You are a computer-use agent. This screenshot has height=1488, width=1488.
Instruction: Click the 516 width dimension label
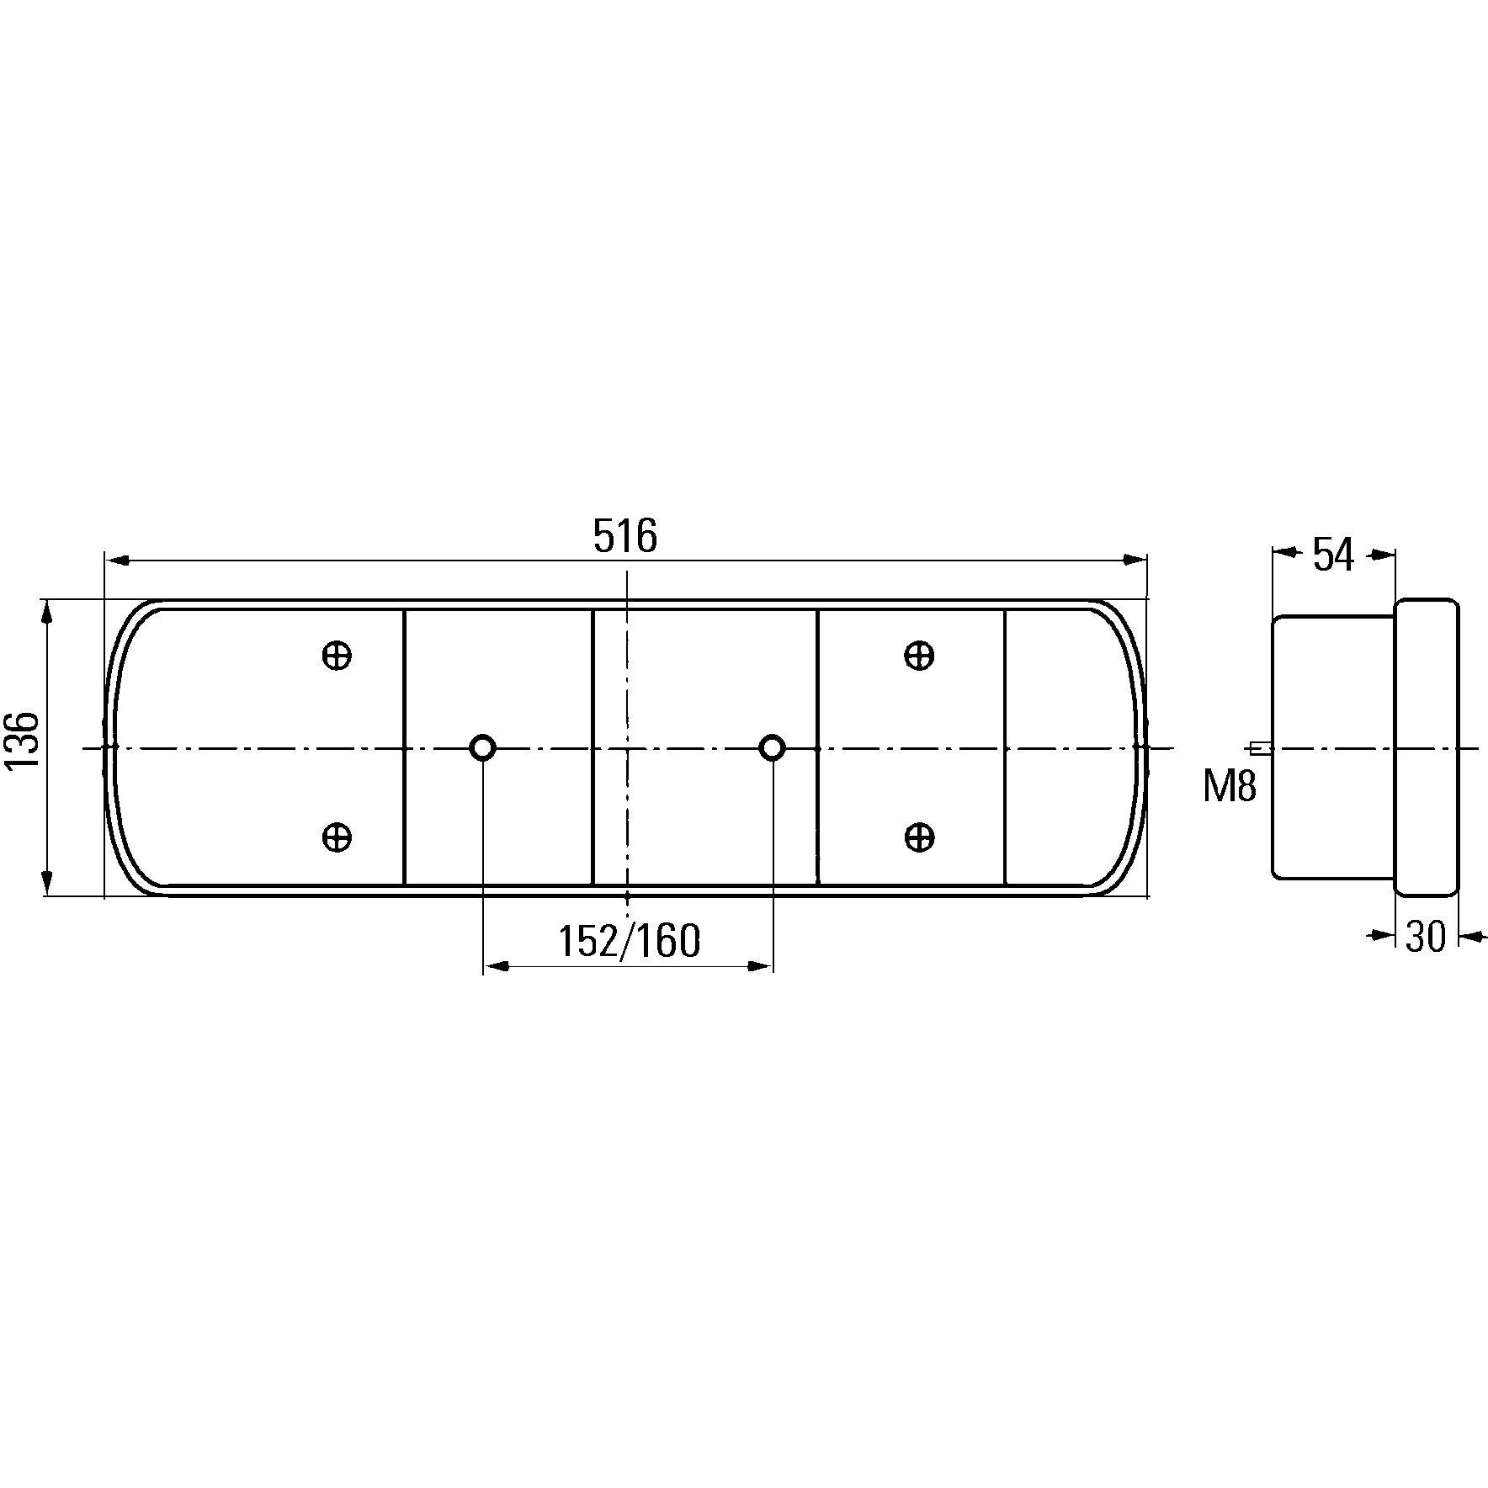[624, 536]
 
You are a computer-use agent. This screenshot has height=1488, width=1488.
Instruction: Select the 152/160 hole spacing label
[629, 942]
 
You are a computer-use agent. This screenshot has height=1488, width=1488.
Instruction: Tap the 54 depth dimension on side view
[1334, 556]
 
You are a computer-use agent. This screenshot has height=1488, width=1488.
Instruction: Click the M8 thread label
[1229, 788]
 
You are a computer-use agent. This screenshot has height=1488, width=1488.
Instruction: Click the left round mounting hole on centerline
[482, 747]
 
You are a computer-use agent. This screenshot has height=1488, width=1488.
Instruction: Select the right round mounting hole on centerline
[772, 747]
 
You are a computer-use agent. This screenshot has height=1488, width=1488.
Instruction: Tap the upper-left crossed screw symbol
[337, 656]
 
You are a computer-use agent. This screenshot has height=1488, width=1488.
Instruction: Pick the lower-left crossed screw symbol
[337, 837]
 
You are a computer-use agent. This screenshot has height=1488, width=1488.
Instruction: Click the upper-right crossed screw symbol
[918, 656]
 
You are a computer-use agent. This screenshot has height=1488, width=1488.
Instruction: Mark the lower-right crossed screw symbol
[918, 837]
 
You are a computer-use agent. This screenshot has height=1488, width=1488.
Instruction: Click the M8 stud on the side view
[1260, 747]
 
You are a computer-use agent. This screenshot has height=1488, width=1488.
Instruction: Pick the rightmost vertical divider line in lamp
[1006, 747]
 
